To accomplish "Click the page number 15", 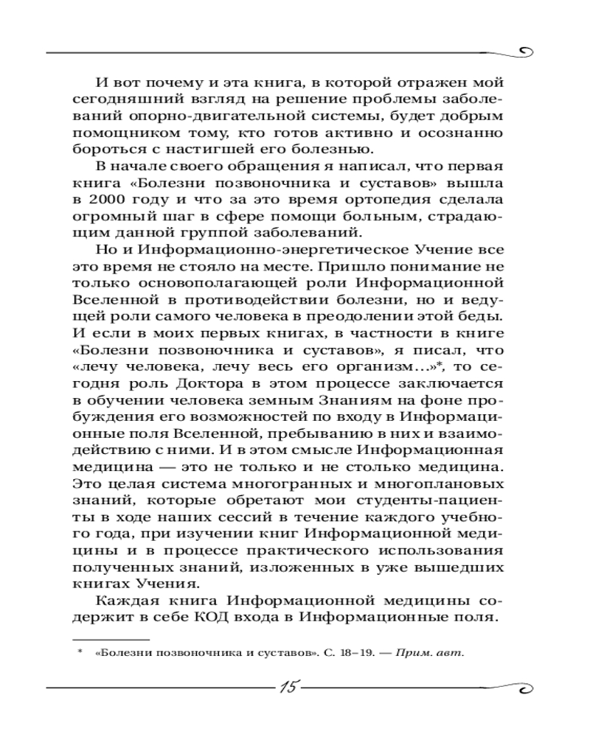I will (288, 687).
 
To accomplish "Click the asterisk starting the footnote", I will (79, 652).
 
